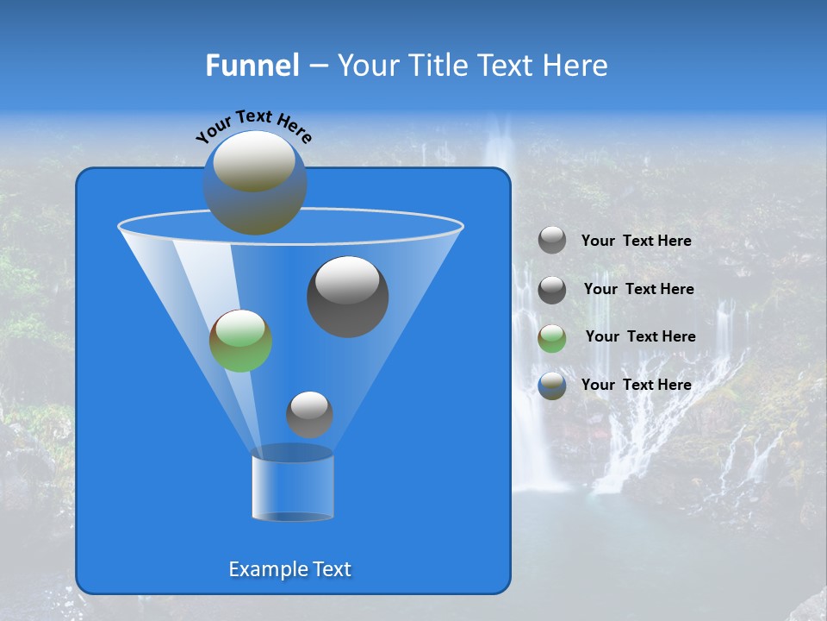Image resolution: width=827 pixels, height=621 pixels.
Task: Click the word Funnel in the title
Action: pyautogui.click(x=252, y=66)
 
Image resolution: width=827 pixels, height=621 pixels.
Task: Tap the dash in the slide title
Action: pyautogui.click(x=317, y=66)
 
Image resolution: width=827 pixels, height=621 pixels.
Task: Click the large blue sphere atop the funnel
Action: pyautogui.click(x=255, y=183)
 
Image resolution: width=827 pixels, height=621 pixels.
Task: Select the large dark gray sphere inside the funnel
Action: pyautogui.click(x=347, y=297)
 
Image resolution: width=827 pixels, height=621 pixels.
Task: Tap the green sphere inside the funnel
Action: pyautogui.click(x=240, y=341)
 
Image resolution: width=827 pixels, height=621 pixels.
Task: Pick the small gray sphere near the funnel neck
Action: pyautogui.click(x=309, y=415)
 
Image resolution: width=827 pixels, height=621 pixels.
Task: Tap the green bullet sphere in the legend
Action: pyautogui.click(x=552, y=338)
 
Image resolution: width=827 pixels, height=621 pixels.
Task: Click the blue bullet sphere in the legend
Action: pyautogui.click(x=552, y=386)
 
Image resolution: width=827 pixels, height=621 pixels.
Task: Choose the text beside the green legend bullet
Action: pyautogui.click(x=640, y=336)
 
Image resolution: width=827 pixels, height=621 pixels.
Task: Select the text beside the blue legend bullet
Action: pyautogui.click(x=636, y=385)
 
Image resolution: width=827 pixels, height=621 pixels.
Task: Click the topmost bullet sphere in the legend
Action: pyautogui.click(x=552, y=241)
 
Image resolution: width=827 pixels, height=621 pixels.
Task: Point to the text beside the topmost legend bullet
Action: pyautogui.click(x=636, y=241)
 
